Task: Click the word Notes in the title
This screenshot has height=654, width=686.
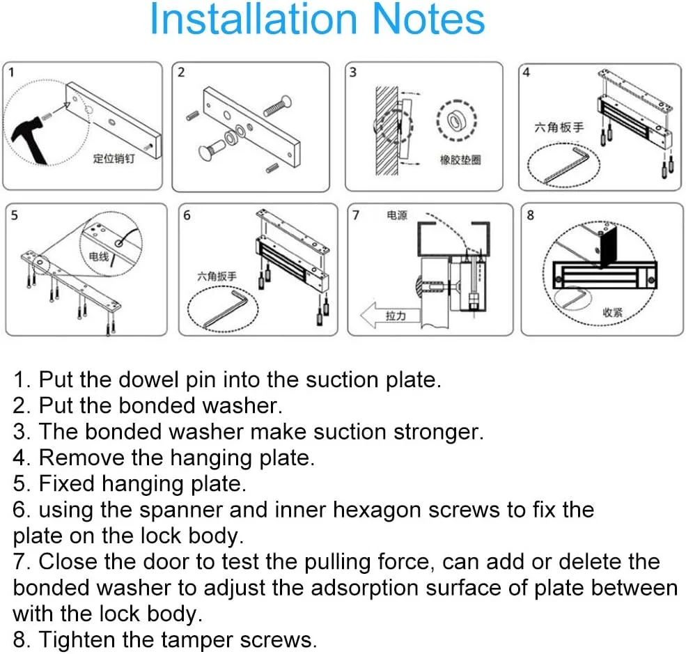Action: tap(428, 20)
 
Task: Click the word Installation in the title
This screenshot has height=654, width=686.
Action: tap(254, 20)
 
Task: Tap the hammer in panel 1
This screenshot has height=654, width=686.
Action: tap(30, 139)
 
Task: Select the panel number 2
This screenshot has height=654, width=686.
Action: tap(181, 72)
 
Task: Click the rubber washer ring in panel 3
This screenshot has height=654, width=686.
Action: tap(456, 120)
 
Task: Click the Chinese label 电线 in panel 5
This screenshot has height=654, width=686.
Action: tap(99, 256)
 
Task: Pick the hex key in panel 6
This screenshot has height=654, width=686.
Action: tap(226, 308)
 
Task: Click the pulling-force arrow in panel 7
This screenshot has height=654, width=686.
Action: tap(390, 315)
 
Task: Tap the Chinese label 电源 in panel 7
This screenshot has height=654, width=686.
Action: tap(397, 215)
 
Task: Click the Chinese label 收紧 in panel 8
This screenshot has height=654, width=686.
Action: tap(612, 312)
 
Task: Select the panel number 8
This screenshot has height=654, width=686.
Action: tap(531, 215)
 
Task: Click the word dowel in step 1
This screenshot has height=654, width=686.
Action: tap(148, 380)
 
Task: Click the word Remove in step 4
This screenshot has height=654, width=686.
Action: tap(81, 458)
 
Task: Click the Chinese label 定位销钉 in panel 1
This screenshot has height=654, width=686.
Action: tap(114, 158)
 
